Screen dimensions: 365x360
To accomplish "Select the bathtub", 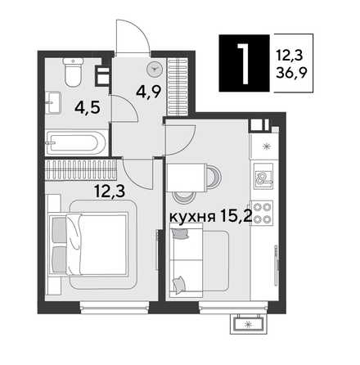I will coord(74,142).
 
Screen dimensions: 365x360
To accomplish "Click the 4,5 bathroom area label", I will coord(80,106).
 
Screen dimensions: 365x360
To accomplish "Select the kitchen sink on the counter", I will coord(263,177).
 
